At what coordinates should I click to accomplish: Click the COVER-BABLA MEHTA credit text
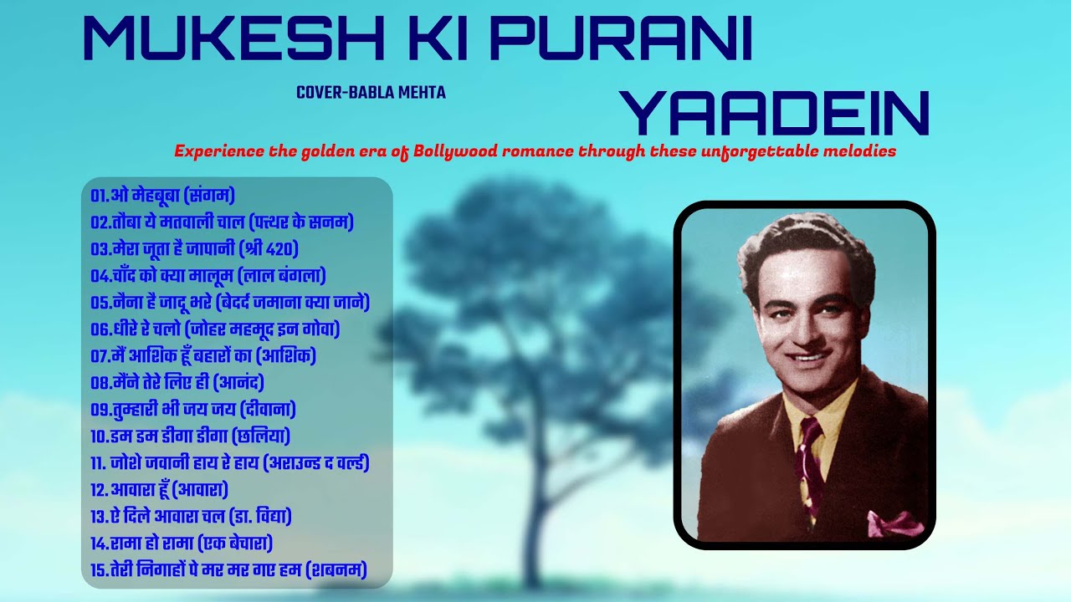tap(371, 93)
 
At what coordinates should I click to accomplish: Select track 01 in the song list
tap(163, 196)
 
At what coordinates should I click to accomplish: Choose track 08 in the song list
tap(177, 383)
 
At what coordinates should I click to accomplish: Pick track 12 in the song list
tap(160, 489)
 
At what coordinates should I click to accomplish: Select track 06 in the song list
tap(216, 329)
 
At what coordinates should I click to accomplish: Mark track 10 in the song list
tap(191, 436)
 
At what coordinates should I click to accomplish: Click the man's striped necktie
tap(810, 460)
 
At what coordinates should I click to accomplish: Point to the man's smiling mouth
tap(808, 359)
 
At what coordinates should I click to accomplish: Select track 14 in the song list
tap(182, 543)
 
